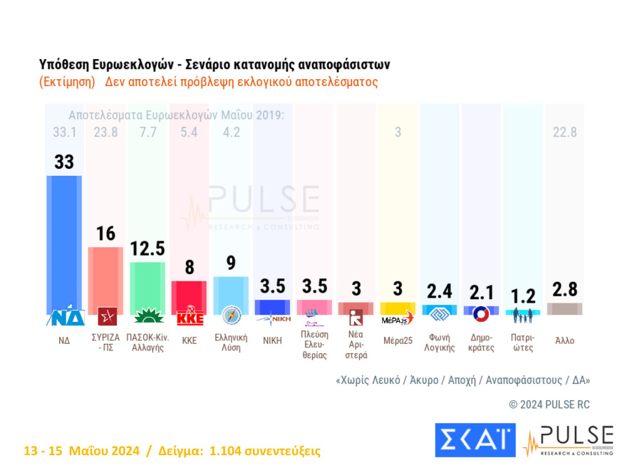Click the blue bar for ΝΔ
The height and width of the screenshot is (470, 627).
click(x=64, y=242)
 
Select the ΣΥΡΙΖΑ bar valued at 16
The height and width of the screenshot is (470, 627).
click(x=105, y=278)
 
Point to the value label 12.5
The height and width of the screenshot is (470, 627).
click(x=147, y=249)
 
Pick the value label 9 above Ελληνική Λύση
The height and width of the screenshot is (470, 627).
click(x=230, y=263)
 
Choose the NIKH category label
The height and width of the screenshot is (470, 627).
click(x=271, y=340)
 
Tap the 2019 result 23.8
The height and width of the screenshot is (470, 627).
click(x=105, y=132)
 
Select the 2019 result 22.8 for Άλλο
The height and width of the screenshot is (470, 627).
click(x=564, y=132)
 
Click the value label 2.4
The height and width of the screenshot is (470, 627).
click(x=439, y=291)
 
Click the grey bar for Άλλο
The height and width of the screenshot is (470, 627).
click(x=564, y=308)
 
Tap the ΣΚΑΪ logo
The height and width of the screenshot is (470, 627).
click(x=475, y=439)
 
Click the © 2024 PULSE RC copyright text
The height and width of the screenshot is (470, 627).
click(x=549, y=404)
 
